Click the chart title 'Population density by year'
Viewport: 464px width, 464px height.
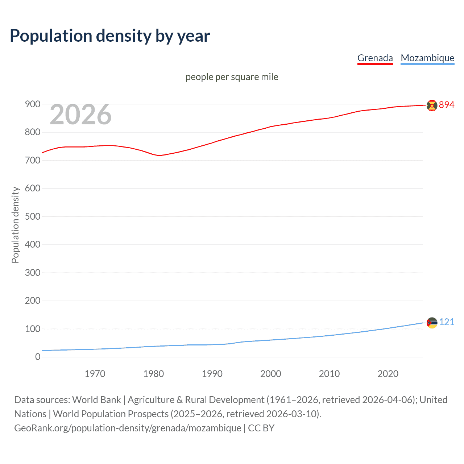coord(110,36)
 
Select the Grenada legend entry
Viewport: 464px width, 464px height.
coord(375,58)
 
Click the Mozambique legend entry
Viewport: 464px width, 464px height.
coord(427,58)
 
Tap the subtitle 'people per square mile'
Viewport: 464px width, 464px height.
coord(232,77)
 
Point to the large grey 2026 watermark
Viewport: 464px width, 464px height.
coord(80,115)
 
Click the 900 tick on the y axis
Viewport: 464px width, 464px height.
coord(32,104)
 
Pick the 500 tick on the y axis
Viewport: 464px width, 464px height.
coord(32,216)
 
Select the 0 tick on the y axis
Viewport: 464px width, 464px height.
coord(38,357)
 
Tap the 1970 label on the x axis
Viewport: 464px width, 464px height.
coord(95,374)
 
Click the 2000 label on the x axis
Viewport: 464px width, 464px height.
coord(270,374)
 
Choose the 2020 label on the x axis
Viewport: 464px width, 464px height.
coord(388,374)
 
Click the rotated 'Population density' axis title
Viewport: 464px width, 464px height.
coord(15,225)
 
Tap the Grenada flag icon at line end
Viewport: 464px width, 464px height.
coord(432,105)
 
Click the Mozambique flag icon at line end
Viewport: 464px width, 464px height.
coord(432,323)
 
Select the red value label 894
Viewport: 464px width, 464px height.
coord(447,105)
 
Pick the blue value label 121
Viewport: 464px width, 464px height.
coord(447,322)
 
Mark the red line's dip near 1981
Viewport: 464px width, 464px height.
coord(159,156)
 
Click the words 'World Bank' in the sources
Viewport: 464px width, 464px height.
coord(96,399)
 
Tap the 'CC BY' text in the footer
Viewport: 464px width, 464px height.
coord(261,428)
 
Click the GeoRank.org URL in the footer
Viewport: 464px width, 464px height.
coord(128,428)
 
